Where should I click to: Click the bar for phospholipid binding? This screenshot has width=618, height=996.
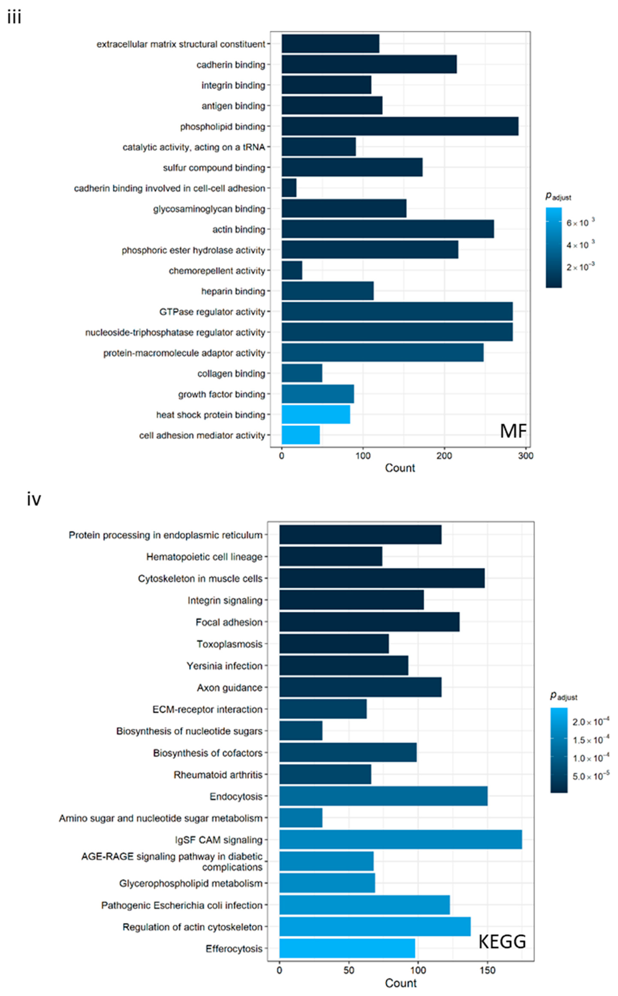point(400,126)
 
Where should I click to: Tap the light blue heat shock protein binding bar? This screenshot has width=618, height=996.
point(315,414)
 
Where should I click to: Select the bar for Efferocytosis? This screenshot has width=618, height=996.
point(347,948)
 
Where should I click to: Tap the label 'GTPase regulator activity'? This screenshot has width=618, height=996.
point(212,312)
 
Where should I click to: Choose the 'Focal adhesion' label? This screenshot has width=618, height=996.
point(229,622)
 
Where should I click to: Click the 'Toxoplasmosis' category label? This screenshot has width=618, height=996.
point(229,644)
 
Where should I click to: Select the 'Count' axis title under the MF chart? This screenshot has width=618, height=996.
point(400,468)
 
